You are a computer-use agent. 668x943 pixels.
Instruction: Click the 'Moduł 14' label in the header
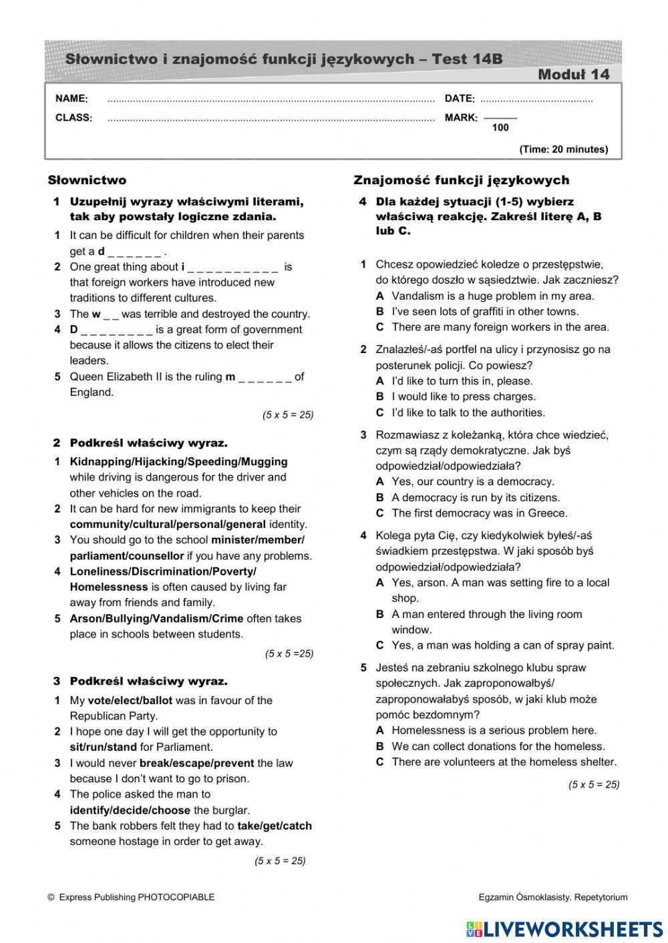tap(573, 75)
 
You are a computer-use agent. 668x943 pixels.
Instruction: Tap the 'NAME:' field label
tap(71, 99)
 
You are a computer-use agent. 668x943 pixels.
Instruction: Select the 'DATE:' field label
tap(460, 99)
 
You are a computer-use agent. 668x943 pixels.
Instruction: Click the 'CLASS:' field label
tap(73, 118)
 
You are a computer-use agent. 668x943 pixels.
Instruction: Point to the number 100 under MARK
tap(500, 128)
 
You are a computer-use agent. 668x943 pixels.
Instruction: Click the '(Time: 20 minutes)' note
tap(563, 149)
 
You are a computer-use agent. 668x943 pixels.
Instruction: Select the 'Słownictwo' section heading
tap(87, 180)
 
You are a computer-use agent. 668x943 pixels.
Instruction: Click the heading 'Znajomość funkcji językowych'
tap(461, 180)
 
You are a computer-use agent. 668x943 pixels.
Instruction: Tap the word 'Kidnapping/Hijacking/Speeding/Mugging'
tap(178, 462)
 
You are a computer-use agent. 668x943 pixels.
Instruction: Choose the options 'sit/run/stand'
tap(103, 747)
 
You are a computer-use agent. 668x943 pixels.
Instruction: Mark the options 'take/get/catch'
tap(275, 826)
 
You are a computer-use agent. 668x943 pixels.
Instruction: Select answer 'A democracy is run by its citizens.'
tap(476, 498)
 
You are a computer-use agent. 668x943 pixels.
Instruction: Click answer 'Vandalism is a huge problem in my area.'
tap(492, 296)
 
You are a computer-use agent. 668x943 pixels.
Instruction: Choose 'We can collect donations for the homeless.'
tap(498, 747)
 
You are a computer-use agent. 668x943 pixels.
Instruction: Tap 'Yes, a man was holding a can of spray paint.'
tap(502, 645)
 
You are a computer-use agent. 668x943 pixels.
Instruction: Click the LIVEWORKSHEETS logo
tap(564, 929)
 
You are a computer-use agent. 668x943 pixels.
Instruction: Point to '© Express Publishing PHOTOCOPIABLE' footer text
tap(131, 898)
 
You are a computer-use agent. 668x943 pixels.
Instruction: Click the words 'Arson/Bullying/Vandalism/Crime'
tap(156, 619)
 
